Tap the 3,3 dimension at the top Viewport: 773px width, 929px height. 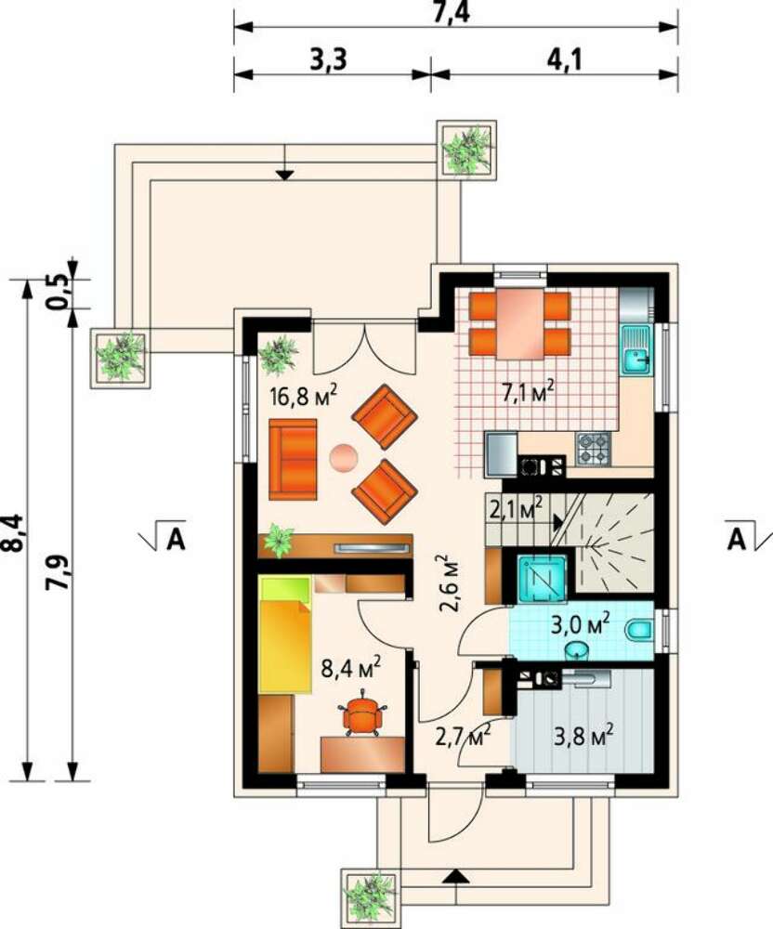328,59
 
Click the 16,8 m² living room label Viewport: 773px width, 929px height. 303,395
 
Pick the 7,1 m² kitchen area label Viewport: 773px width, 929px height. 529,392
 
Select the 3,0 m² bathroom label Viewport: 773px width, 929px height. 581,624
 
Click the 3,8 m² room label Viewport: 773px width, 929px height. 583,737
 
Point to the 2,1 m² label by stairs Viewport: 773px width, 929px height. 517,508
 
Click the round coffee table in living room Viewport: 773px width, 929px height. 343,458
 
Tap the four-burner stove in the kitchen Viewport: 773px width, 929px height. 594,448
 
